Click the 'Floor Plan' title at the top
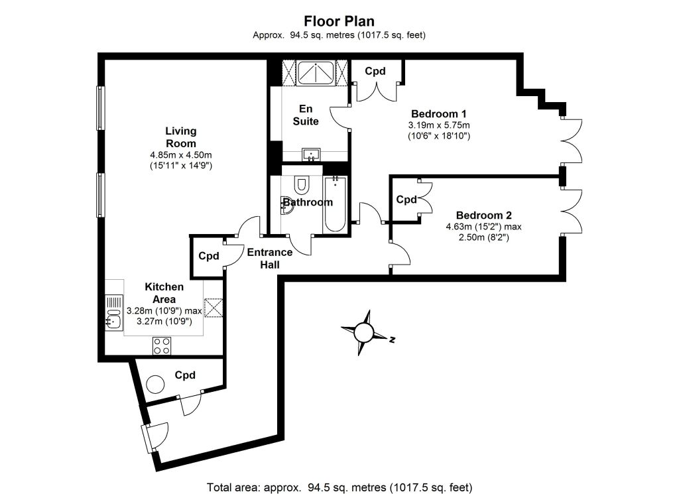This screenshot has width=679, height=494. click(339, 21)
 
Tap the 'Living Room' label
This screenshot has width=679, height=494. click(181, 137)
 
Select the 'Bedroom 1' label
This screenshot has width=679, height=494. click(439, 114)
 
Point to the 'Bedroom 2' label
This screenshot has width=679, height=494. click(483, 216)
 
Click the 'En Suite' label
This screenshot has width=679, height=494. click(306, 115)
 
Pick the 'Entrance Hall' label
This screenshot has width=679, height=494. click(270, 258)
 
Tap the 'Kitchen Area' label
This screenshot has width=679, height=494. click(164, 292)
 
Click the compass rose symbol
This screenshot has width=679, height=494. click(363, 333)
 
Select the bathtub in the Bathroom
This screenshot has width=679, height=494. click(335, 204)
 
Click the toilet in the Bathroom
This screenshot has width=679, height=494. click(301, 185)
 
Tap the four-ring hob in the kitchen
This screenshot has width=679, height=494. click(162, 345)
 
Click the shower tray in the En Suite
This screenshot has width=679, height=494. click(315, 73)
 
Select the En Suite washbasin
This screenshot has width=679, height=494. click(311, 154)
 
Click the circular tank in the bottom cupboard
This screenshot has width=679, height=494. click(155, 384)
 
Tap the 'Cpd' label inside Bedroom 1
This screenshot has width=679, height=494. click(375, 71)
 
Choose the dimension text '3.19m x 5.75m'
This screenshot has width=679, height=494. click(439, 125)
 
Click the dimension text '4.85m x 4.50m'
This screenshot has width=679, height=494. click(181, 154)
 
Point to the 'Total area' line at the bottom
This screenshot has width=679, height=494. click(339, 487)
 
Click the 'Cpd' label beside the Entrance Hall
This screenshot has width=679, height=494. click(209, 256)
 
